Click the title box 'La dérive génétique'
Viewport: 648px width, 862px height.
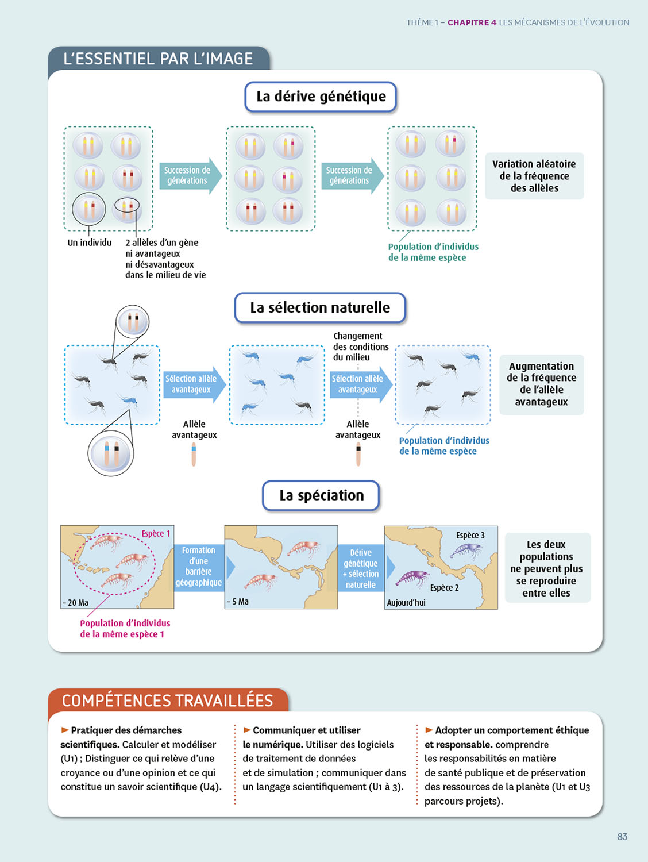[321, 97]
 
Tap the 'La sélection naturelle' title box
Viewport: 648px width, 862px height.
[320, 308]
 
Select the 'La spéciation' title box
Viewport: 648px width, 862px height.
[321, 495]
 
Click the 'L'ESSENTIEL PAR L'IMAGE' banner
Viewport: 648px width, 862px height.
[158, 59]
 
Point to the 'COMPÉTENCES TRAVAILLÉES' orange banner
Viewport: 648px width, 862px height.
[167, 701]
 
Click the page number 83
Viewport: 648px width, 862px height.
[622, 837]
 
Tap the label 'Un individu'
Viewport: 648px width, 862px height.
[90, 243]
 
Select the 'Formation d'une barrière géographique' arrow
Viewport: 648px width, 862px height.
[199, 567]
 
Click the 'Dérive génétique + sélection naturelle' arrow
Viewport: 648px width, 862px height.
[361, 568]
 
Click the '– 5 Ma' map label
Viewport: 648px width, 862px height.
[238, 602]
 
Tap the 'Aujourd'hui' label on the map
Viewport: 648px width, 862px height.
[406, 602]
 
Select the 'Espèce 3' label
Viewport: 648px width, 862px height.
[470, 536]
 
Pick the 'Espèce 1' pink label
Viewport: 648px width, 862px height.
[156, 534]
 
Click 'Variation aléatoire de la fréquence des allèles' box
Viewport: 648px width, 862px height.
[534, 176]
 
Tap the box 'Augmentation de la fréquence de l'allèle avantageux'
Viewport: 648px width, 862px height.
[541, 384]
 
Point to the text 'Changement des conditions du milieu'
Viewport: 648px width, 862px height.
[361, 347]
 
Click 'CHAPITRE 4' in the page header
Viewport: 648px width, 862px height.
[472, 22]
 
